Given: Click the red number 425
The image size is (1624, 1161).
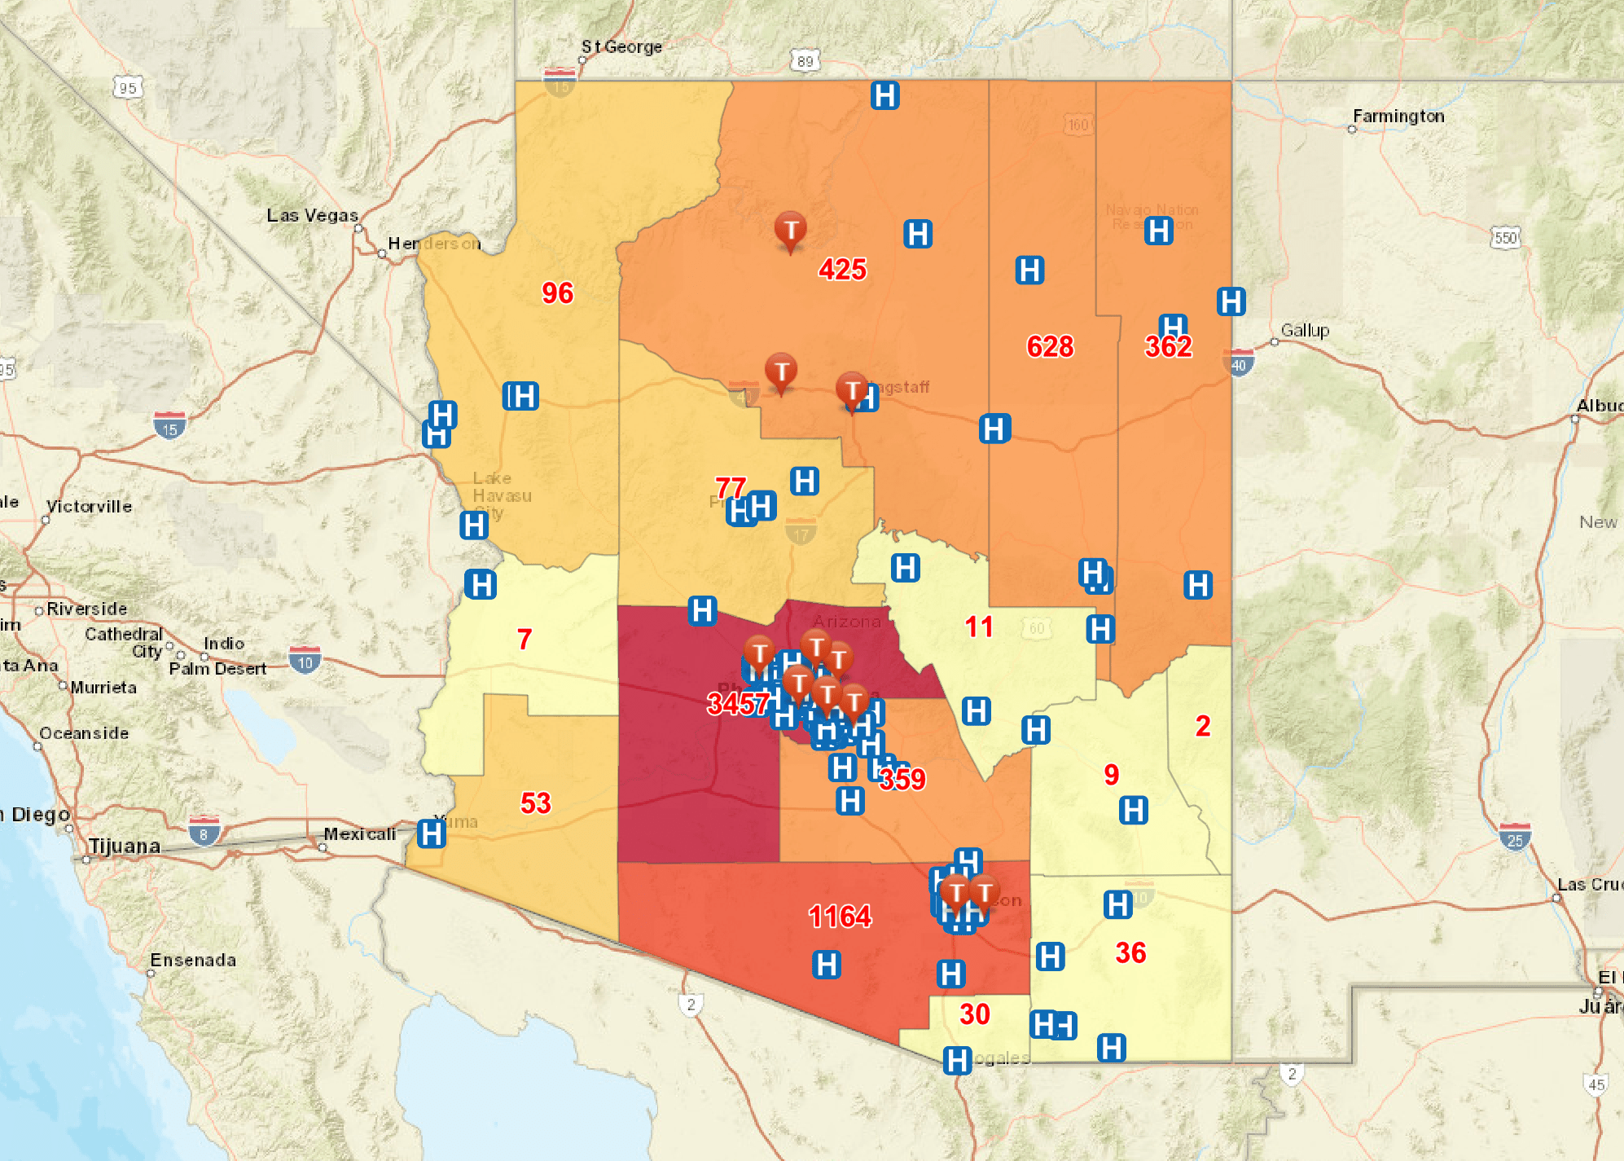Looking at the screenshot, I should pos(842,270).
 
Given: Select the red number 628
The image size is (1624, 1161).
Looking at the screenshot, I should pos(1050,347).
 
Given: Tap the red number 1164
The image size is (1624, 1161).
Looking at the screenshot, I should pos(840,917).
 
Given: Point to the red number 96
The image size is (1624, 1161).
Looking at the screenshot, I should pos(558,293).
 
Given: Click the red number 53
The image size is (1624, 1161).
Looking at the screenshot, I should pos(536,803).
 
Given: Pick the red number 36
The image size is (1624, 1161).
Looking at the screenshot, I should pos(1130,953).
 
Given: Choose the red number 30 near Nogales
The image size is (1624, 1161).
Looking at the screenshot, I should pos(974,1014).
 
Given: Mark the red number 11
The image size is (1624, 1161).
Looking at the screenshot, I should pos(979,627).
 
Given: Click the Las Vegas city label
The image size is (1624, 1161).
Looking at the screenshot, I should pos(312,216).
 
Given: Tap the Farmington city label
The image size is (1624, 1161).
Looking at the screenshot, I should pos(1398,117).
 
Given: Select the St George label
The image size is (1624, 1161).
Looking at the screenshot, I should pos(621,47).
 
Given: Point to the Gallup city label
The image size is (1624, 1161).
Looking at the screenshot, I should pos(1305,331).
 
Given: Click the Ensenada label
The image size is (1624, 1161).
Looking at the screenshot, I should pos(193,961).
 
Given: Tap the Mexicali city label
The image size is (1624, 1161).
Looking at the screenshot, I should pos(359,834).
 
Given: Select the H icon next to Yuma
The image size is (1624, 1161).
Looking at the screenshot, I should pos(432,833).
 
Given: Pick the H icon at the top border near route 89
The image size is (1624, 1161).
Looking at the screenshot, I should pos(885,95).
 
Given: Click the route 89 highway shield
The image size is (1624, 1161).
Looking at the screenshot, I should pos(805,61).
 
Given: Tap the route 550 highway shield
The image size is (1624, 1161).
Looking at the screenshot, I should pos(1505,238).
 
